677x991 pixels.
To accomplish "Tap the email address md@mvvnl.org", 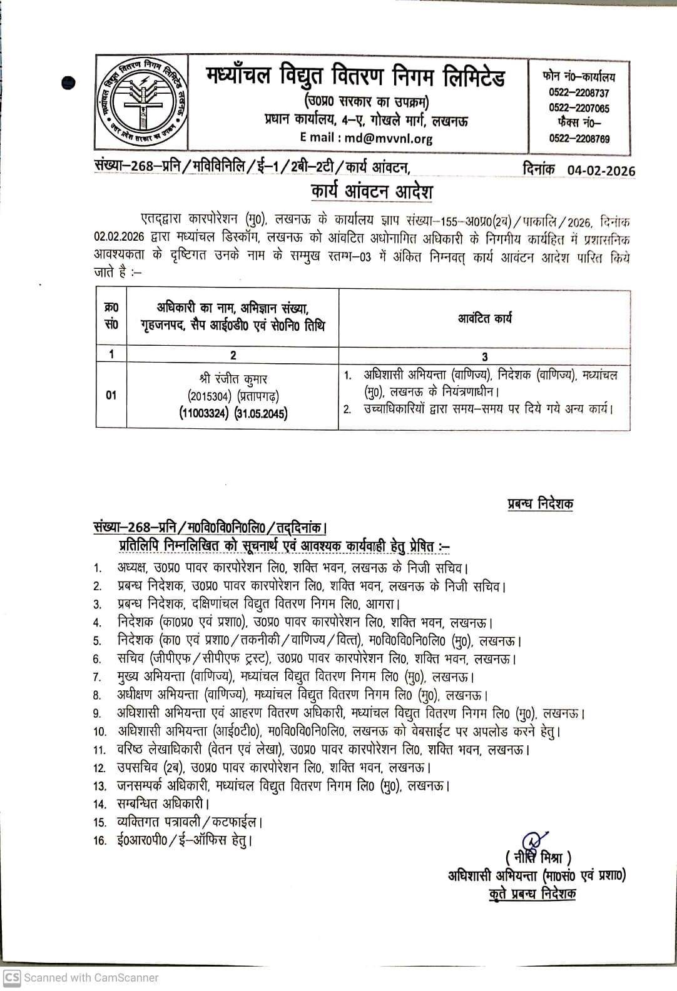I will (x=389, y=138).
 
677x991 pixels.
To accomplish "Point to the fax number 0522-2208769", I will (x=579, y=139).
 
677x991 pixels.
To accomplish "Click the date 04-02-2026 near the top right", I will (x=601, y=171).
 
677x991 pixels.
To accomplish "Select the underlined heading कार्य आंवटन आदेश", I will (x=372, y=191).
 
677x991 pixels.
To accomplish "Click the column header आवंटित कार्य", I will (x=484, y=318).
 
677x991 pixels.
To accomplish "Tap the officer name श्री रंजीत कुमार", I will (x=232, y=379).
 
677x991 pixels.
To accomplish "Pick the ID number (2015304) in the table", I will (x=210, y=396).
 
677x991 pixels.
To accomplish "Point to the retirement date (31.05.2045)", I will (x=261, y=413).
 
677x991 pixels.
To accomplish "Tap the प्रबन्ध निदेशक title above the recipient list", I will (x=540, y=503).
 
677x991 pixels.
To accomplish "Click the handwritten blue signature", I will (x=531, y=839).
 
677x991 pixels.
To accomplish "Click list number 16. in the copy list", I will (x=100, y=841).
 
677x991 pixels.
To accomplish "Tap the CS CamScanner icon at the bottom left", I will (x=12, y=977).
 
